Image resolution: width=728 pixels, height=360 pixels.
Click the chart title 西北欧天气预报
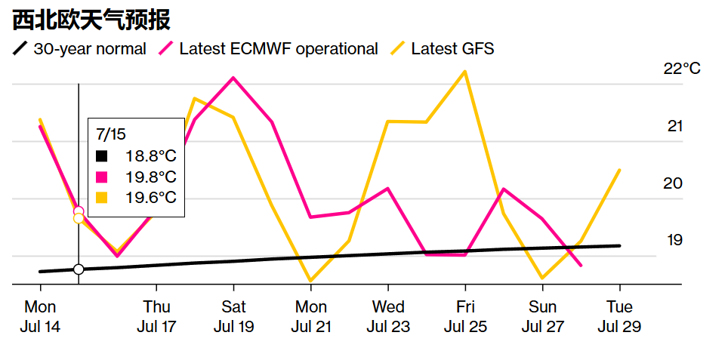[x=91, y=20]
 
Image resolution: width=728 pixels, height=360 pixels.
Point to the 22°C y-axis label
[x=682, y=69]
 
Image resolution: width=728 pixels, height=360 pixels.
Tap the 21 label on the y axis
[x=674, y=126]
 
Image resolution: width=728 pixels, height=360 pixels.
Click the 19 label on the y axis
[x=674, y=240]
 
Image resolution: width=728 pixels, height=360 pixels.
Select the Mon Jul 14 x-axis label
[x=40, y=317]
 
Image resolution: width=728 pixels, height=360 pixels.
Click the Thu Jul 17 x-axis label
[x=156, y=317]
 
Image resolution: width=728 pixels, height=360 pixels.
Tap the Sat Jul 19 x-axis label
[x=233, y=317]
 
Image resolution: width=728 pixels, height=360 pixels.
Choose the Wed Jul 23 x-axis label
[x=387, y=317]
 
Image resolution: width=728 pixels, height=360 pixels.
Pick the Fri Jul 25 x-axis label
[x=465, y=317]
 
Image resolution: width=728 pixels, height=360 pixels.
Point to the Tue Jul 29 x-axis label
[x=619, y=317]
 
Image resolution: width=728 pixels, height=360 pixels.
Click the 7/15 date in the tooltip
[x=111, y=134]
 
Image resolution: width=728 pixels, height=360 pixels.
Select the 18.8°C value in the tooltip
[x=150, y=157]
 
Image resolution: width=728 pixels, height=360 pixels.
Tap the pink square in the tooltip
[x=102, y=177]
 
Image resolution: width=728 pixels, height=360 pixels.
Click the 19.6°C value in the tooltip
[x=150, y=197]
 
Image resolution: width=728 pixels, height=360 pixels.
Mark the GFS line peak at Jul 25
[x=465, y=72]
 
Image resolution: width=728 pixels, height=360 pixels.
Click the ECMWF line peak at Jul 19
[x=233, y=78]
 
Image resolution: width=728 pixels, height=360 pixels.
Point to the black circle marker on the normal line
[x=79, y=269]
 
